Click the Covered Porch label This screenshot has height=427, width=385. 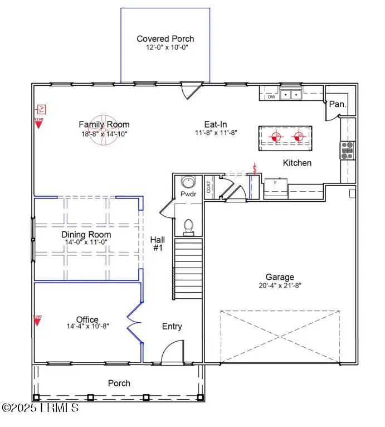tap(165, 38)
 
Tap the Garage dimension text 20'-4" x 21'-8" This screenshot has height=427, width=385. tap(280, 285)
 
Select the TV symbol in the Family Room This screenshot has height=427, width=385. tap(40, 109)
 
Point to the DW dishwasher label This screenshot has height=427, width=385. tap(271, 97)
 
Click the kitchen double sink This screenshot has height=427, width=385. tap(290, 95)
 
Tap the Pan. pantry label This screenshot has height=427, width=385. tap(337, 104)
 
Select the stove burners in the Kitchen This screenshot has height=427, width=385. tap(347, 148)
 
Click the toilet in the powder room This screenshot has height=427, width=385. tap(188, 226)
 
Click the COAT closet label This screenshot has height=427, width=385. tap(208, 186)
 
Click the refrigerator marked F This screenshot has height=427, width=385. tap(275, 188)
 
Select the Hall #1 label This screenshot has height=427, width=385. tap(158, 244)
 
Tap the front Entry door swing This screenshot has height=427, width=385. tap(170, 353)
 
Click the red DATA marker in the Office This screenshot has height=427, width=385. tap(38, 322)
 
